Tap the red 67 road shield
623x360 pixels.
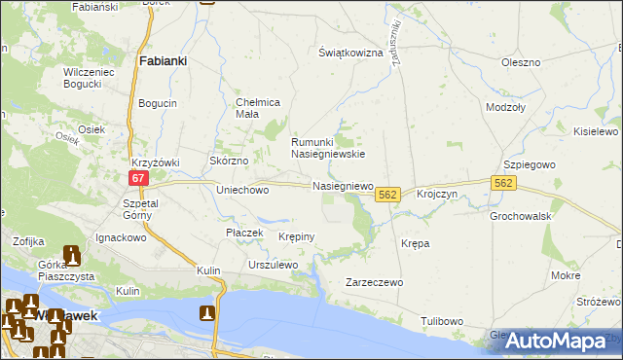(137, 177)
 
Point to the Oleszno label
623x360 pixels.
(520, 62)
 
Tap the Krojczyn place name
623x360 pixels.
(436, 195)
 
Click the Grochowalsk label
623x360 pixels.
(521, 215)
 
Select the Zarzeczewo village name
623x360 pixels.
(374, 282)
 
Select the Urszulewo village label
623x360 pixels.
(272, 265)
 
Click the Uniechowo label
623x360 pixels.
(242, 191)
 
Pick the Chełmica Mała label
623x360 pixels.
(259, 108)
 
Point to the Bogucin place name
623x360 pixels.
(158, 103)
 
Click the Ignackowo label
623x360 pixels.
(121, 237)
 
